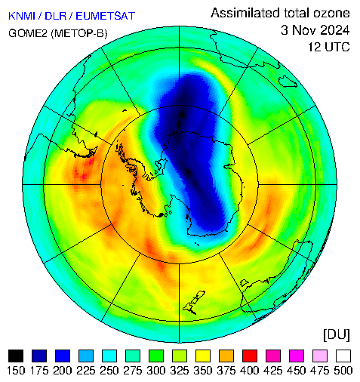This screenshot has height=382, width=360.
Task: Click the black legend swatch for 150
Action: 16,356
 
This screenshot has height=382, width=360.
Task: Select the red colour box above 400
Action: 250,356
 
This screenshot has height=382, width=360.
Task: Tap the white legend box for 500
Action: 343,356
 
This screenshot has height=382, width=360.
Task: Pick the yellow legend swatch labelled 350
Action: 203,356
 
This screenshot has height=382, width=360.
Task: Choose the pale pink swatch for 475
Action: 320,356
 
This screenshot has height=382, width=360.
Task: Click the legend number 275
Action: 133,371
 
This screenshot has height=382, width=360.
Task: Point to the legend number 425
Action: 273,371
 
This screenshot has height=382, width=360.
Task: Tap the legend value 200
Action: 63,371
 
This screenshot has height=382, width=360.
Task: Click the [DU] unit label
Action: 337,335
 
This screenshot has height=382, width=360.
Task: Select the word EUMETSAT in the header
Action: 105,16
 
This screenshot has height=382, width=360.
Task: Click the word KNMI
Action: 22,16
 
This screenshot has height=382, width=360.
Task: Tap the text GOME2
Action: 28,33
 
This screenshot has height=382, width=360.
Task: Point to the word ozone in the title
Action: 331,13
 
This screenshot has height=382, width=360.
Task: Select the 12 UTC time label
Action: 329,47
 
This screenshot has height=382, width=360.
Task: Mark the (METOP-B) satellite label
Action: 79,33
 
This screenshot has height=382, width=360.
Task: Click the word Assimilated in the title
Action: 245,13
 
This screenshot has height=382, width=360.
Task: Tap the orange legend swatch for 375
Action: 226,356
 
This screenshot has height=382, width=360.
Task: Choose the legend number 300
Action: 156,371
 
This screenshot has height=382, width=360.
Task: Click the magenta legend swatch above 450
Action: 297,356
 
